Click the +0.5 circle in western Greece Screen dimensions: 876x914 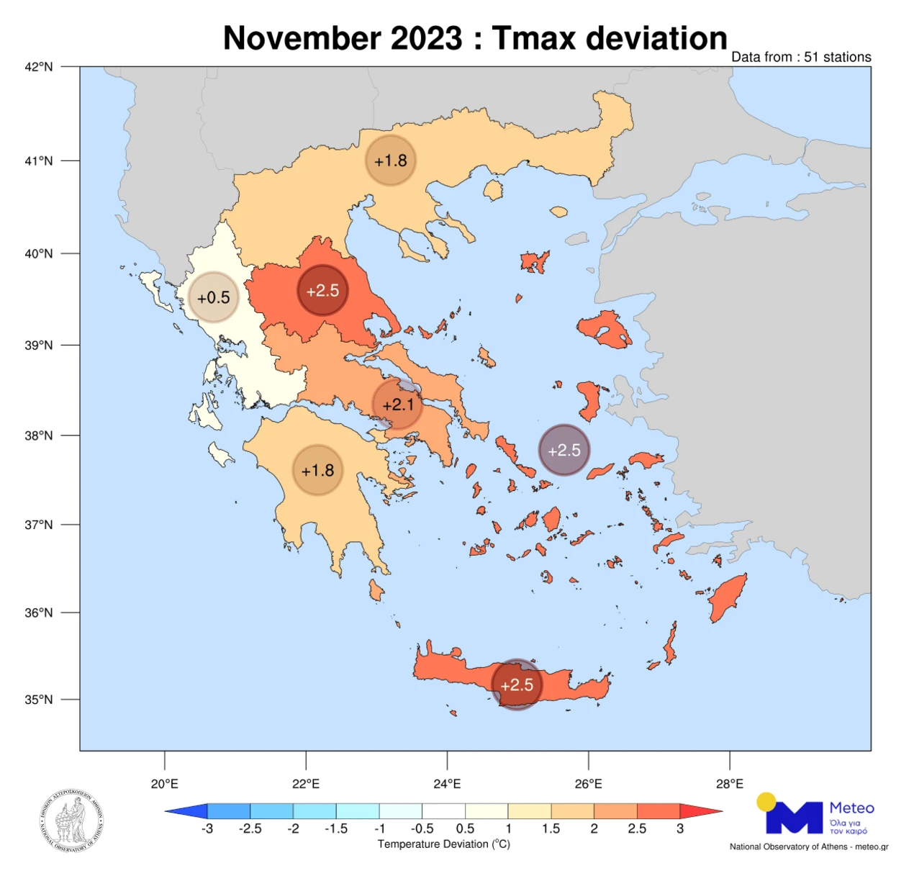point(214,297)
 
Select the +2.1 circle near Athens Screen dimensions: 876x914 point(398,405)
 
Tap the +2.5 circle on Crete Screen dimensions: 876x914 point(517,685)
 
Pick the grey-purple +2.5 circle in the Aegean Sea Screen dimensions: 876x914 point(564,450)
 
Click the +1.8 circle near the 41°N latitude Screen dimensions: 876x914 point(391,161)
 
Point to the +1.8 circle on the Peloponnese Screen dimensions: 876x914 point(317,470)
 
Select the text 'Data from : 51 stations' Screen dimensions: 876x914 point(800,57)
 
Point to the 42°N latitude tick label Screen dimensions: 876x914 point(39,67)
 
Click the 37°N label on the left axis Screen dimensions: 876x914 point(39,525)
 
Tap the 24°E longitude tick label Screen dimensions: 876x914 point(447,784)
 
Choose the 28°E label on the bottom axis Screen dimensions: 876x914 point(729,784)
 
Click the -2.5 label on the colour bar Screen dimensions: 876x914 point(250,828)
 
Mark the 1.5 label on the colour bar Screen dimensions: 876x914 point(551,828)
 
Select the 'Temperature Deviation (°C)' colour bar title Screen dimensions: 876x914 point(443,844)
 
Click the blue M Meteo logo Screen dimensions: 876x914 point(795,816)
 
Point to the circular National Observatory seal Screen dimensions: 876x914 point(71,821)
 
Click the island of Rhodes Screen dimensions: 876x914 point(728,597)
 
